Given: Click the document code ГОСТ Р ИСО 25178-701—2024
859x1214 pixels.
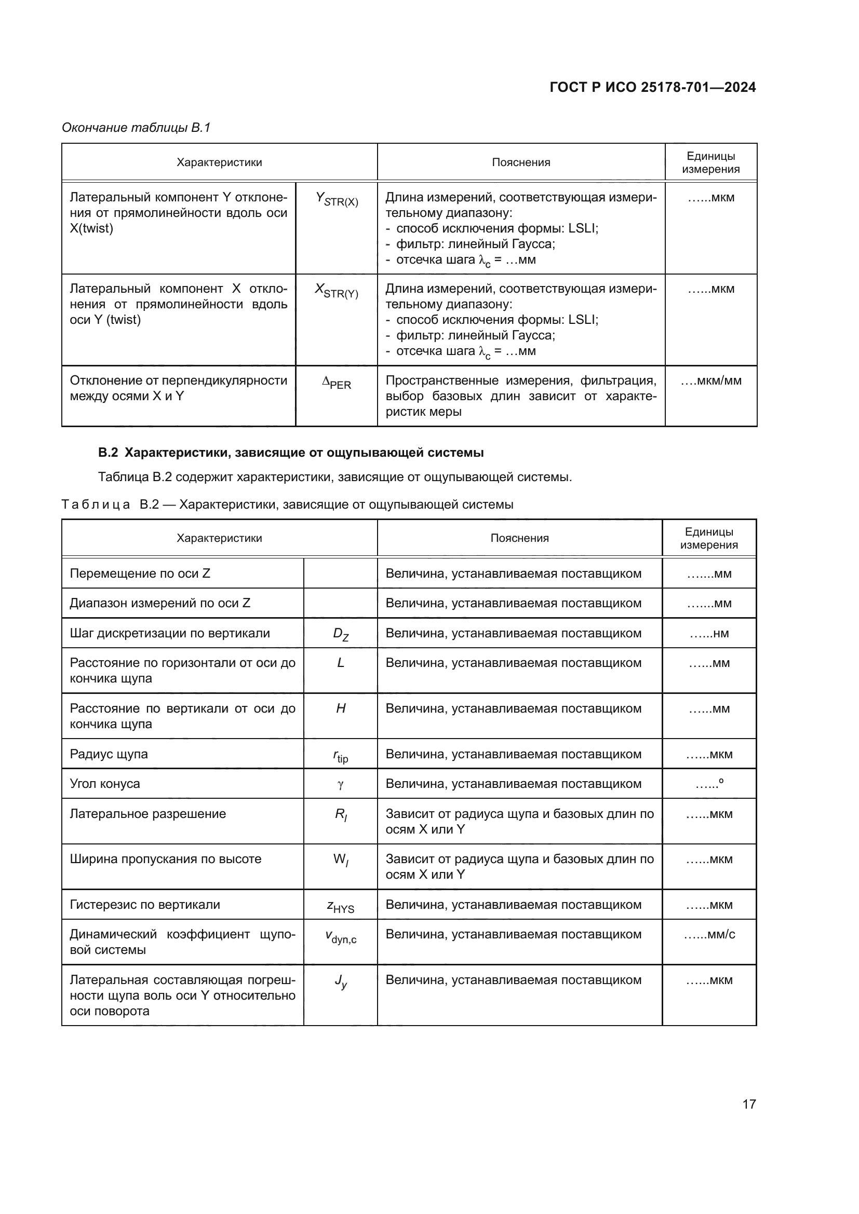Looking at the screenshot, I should coord(652,87).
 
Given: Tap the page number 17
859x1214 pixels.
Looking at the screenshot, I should coord(748,1104).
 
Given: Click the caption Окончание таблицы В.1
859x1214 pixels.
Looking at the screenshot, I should coord(136,128).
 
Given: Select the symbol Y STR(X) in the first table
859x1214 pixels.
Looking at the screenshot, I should coord(337,199).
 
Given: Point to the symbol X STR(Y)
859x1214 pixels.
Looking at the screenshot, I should coord(337,290).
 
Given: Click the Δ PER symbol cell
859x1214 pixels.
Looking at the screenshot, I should coord(337,383).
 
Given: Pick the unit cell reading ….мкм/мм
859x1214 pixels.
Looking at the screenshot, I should coord(711,380).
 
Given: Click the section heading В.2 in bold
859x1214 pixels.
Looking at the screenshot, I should coord(290,453).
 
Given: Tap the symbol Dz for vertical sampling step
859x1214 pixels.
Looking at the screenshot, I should coord(341,634).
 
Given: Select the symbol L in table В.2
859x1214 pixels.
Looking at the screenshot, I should coord(341,663).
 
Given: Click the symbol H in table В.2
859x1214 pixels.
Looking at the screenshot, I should coord(341,708).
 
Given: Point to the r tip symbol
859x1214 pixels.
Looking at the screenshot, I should coord(341,756).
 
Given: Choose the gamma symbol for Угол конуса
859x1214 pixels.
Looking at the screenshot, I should coord(341,785).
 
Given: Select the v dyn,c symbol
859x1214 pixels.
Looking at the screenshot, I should coord(341,936).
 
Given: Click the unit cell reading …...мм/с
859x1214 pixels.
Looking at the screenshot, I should coord(709,934).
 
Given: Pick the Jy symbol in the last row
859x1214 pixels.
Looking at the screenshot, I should coord(341,982).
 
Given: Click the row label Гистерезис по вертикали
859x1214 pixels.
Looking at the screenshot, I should coord(145,905).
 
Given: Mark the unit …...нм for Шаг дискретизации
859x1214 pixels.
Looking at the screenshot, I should coord(709,633).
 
